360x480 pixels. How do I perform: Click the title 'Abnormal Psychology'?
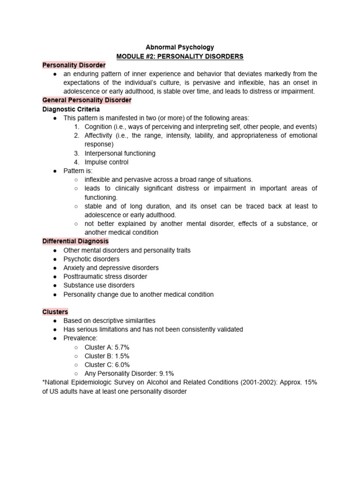180,47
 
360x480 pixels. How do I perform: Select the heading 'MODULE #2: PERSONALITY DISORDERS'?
180,56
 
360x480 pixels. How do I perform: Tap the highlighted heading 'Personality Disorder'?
74,65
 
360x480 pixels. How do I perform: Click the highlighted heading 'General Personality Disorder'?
87,100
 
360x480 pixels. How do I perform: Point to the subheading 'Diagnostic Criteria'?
71,109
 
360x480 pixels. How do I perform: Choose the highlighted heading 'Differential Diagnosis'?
75,241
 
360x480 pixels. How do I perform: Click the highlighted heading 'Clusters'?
55,312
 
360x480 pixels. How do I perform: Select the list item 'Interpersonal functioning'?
120,153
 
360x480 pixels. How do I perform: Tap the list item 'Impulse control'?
106,162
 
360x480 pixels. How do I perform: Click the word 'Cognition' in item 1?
98,127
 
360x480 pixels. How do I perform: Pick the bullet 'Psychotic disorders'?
91,259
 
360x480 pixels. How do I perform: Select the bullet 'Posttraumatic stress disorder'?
105,277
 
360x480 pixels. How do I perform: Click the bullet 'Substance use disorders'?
99,285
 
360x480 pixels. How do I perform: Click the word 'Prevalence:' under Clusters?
81,338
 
